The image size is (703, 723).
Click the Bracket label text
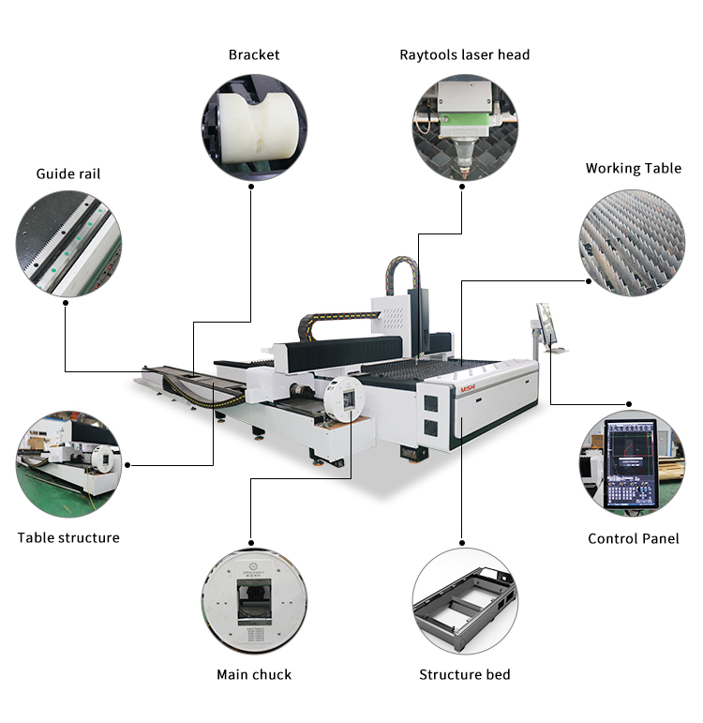pos(254,54)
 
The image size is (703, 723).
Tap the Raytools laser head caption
pos(465,54)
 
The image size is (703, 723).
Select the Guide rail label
pos(68,173)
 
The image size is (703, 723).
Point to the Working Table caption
pos(634,169)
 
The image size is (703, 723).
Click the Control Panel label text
pos(632,538)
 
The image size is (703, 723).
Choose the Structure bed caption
pos(465,674)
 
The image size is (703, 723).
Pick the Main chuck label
pos(254,674)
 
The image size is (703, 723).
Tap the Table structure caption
pos(68,537)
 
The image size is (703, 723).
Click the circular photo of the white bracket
pos(253,128)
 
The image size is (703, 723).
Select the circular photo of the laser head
pos(465,128)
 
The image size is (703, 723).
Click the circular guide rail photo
pos(67,244)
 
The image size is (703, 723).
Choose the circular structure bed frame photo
pos(465,601)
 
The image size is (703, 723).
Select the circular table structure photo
pos(68,461)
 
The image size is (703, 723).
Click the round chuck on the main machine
pos(343,399)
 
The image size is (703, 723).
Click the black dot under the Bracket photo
pos(251,186)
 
